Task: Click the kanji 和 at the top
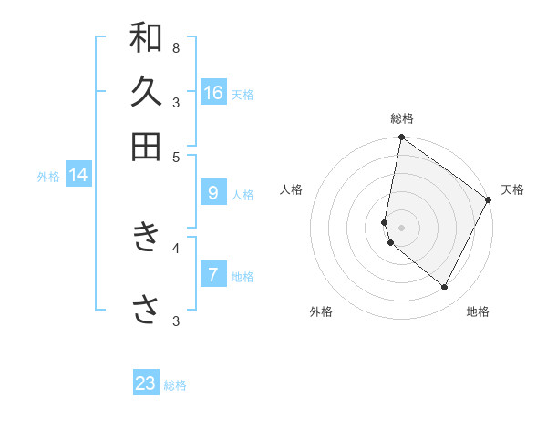[x=146, y=37]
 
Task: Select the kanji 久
[x=146, y=91]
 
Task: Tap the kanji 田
[x=146, y=146]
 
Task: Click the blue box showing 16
[x=213, y=92]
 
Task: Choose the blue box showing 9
[x=213, y=192]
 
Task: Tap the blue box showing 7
[x=213, y=274]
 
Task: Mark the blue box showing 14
[x=78, y=175]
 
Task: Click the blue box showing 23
[x=146, y=383]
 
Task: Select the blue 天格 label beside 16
[x=243, y=94]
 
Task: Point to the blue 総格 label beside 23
[x=175, y=385]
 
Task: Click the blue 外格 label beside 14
[x=48, y=177]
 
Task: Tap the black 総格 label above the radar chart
[x=402, y=118]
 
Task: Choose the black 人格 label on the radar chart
[x=292, y=189]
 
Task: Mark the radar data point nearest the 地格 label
[x=445, y=287]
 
